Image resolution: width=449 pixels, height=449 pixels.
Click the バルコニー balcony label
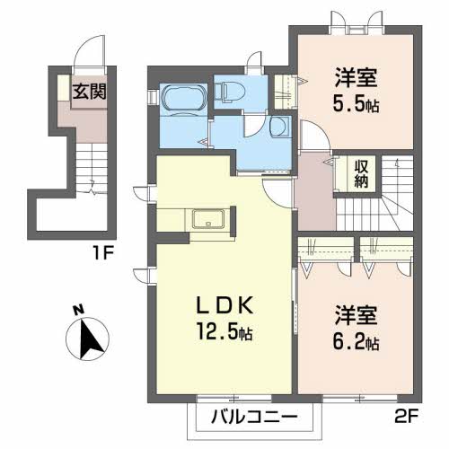253,417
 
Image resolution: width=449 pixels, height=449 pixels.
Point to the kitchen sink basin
207,220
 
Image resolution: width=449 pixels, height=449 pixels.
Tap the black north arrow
89,339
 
